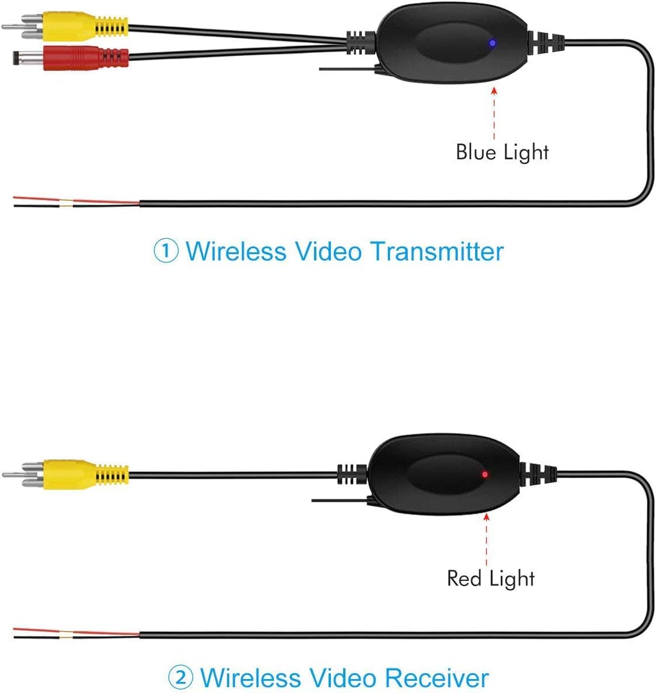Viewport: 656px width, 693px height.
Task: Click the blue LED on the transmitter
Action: (x=492, y=42)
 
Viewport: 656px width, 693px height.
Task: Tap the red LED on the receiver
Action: (x=484, y=474)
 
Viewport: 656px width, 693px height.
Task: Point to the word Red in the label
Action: (x=465, y=578)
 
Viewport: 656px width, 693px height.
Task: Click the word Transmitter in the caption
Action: (x=437, y=251)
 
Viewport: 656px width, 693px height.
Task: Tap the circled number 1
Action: (x=166, y=252)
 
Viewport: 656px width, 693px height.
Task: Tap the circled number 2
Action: (x=181, y=678)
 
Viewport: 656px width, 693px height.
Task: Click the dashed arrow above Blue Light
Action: (x=494, y=113)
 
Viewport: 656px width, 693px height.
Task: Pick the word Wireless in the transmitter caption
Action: (x=236, y=251)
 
